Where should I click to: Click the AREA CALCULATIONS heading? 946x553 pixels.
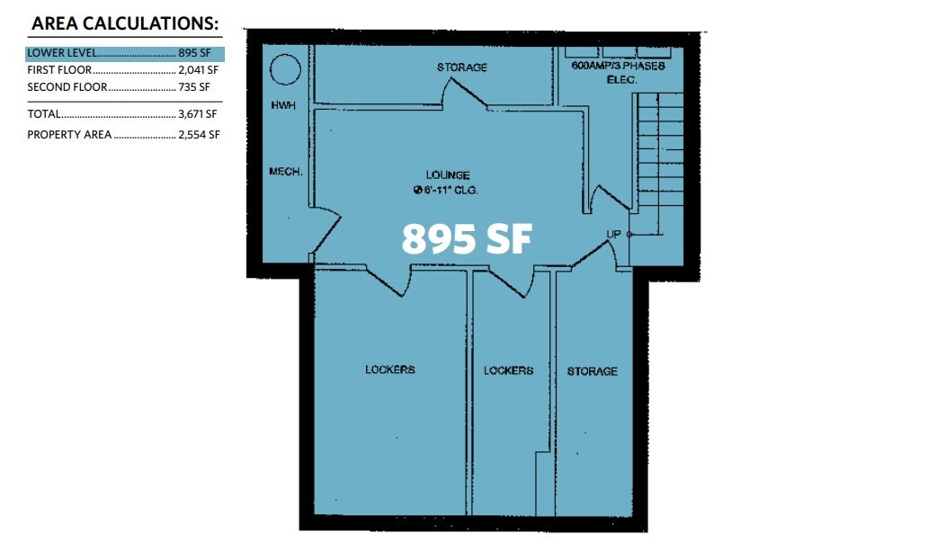(x=125, y=23)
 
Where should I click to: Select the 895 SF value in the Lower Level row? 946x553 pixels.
(x=193, y=53)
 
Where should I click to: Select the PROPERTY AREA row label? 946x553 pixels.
(x=69, y=135)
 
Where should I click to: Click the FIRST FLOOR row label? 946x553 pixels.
(x=59, y=70)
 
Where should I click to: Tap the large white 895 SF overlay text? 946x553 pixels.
(x=467, y=239)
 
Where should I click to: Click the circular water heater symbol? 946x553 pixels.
(x=285, y=69)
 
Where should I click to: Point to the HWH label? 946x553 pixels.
(x=283, y=105)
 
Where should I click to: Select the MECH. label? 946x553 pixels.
(x=285, y=171)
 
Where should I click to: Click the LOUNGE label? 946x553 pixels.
(x=448, y=175)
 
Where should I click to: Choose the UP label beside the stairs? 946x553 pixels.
(x=614, y=235)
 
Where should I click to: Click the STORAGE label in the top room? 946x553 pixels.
(x=462, y=67)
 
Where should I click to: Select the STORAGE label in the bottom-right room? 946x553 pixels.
(x=592, y=371)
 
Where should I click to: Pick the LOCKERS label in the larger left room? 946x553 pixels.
(x=390, y=370)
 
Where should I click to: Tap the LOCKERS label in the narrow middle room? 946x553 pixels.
(x=508, y=370)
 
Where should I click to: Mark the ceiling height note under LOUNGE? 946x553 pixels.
(x=444, y=190)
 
